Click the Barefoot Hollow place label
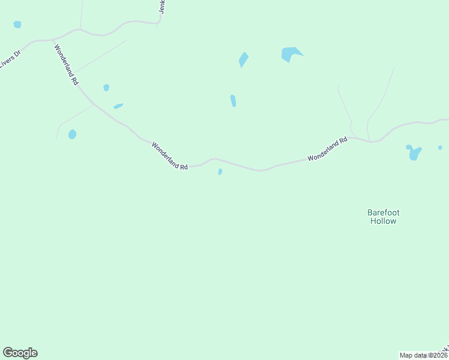382,217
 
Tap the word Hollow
382,221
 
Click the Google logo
20,353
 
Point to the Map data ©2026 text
424,355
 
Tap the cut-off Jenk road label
163,7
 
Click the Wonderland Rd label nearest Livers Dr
66,64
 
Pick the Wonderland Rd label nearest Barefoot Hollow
328,149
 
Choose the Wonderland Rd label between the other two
170,155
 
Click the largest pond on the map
290,54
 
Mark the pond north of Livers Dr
17,25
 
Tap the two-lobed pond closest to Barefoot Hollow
414,152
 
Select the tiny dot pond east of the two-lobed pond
440,147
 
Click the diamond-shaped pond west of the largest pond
243,59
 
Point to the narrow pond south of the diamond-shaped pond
233,101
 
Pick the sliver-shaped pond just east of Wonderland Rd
118,106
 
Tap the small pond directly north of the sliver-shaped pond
106,88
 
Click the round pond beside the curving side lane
72,134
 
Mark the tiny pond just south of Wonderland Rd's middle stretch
220,172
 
